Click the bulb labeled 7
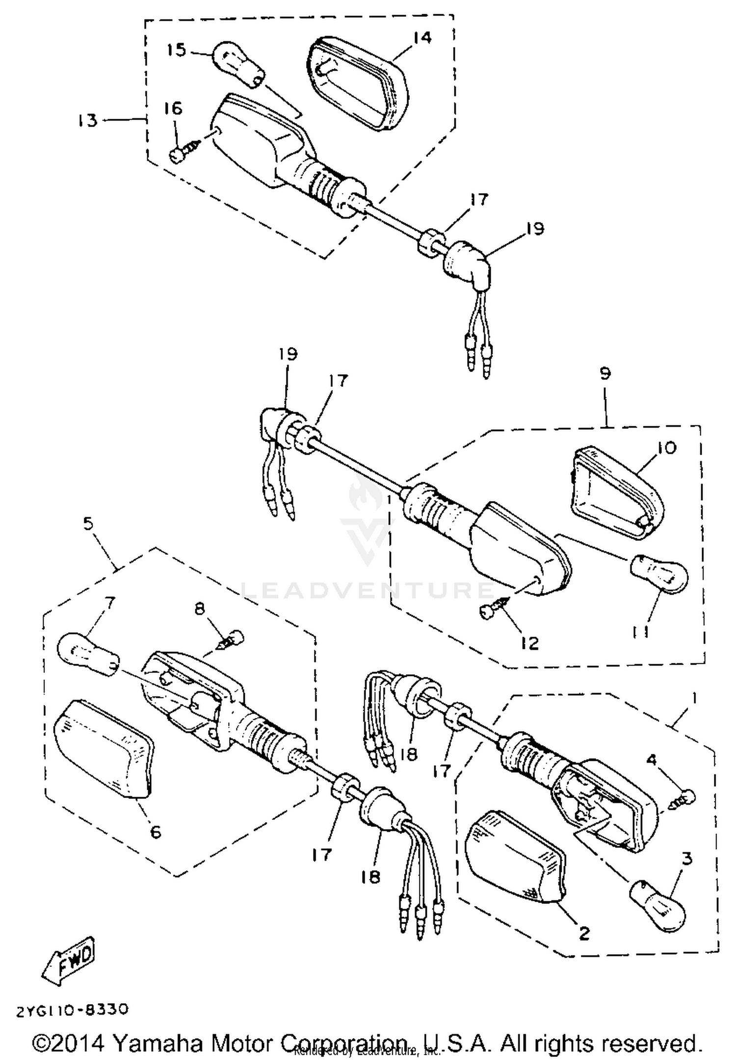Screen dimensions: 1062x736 (x=88, y=655)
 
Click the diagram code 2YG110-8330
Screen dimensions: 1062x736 (x=73, y=1010)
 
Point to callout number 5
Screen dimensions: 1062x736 (x=88, y=524)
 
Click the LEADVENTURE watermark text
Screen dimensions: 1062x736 (x=368, y=590)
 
